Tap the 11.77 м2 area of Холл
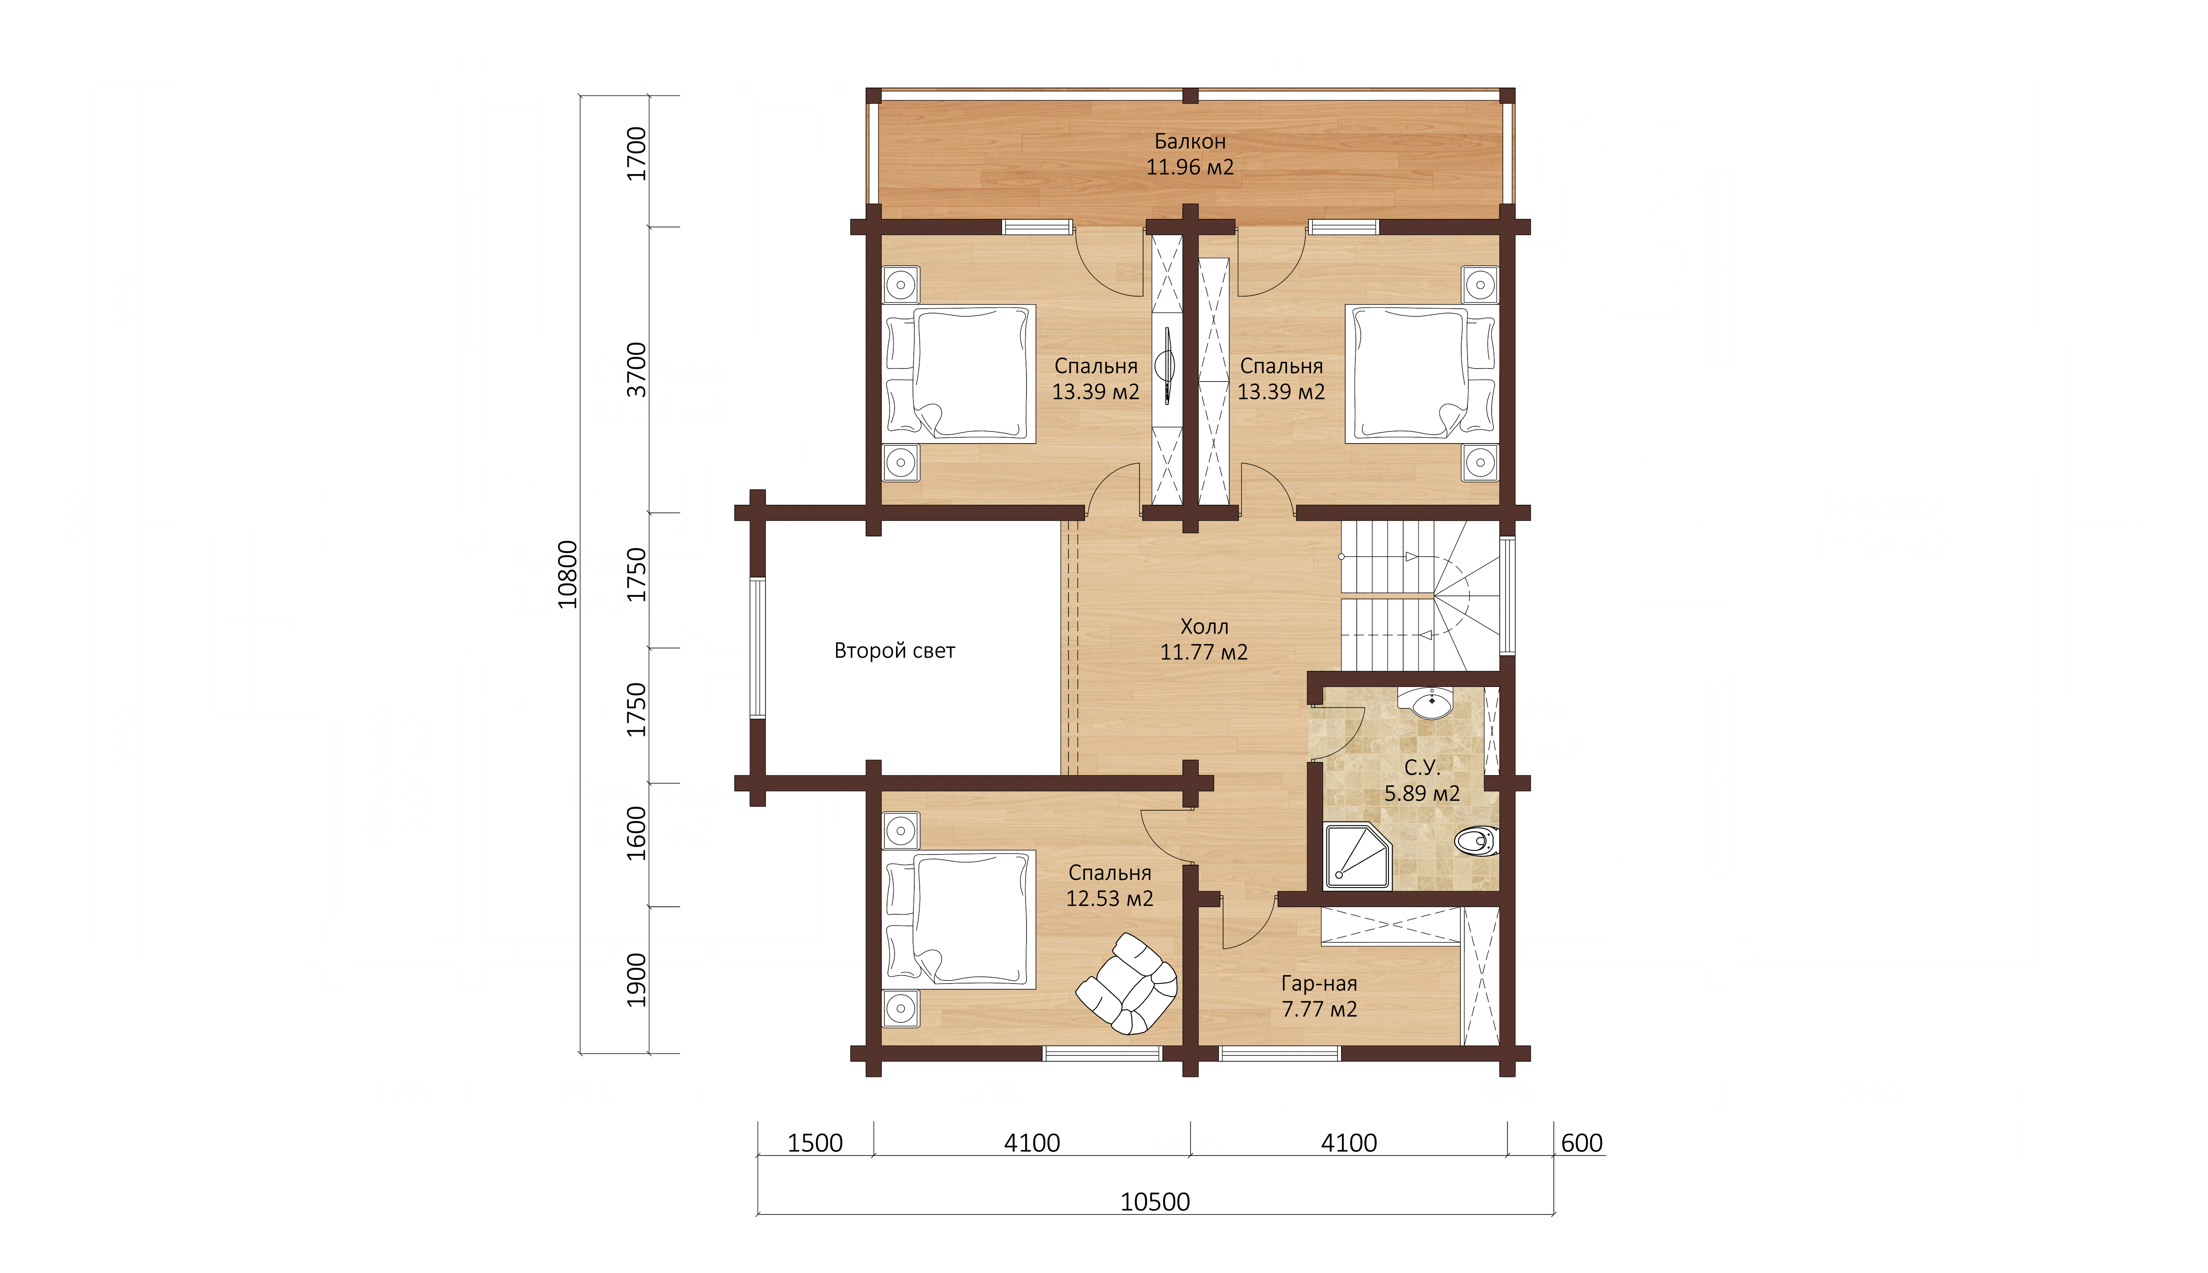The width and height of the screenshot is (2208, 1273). tap(1204, 652)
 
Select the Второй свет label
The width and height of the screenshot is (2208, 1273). tap(895, 650)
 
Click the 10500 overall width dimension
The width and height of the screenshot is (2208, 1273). tap(1155, 1201)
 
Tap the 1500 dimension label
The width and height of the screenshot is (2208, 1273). tap(815, 1143)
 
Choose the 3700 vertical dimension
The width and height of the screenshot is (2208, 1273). tap(638, 370)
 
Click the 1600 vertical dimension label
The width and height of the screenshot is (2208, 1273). tap(638, 833)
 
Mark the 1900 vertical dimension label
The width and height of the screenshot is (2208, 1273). tap(638, 980)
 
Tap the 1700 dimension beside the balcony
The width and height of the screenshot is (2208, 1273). tap(638, 154)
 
